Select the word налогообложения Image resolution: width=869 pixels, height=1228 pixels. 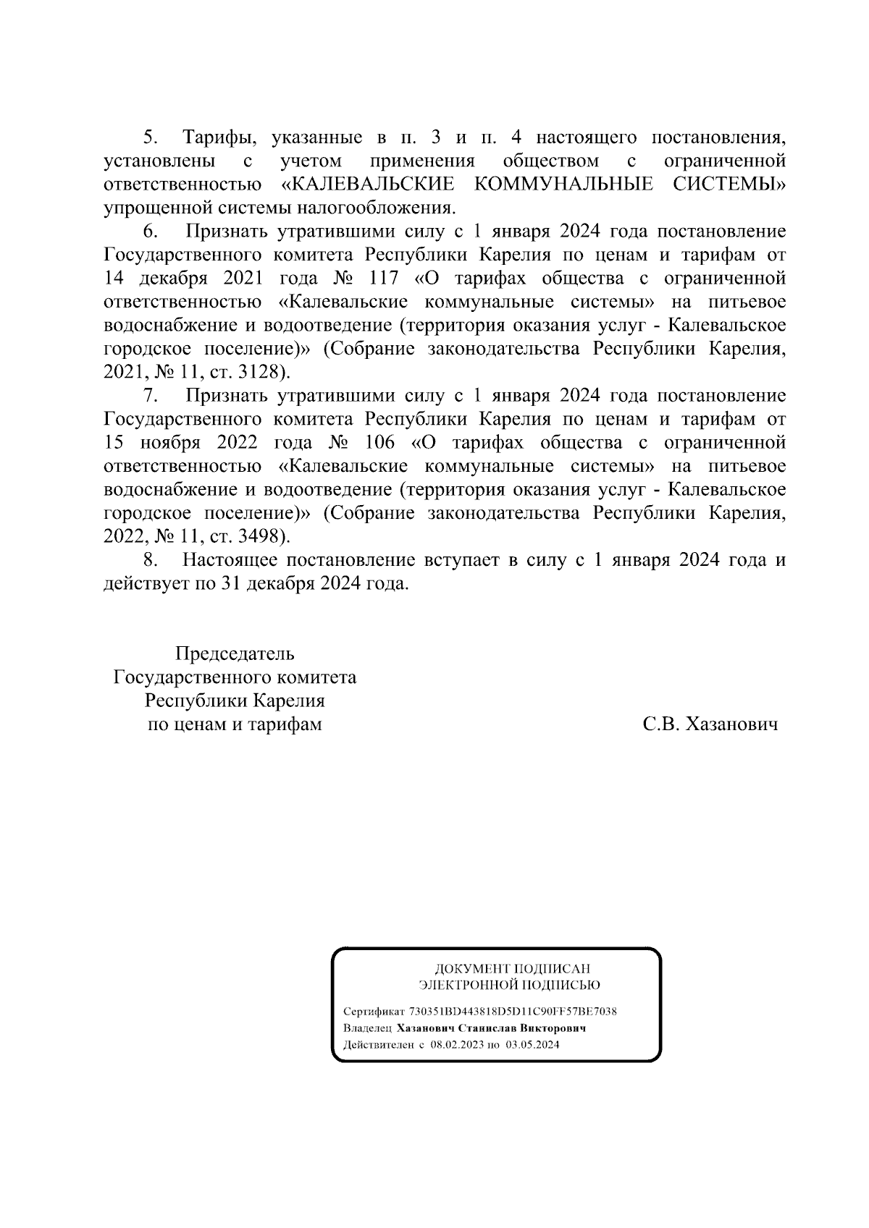pos(383,208)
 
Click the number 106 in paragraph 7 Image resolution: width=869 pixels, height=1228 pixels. pos(380,442)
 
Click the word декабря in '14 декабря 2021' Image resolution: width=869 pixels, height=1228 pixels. pos(168,278)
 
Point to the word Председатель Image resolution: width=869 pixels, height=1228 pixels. pos(235,653)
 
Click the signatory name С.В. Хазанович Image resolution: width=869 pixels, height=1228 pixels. pos(710,724)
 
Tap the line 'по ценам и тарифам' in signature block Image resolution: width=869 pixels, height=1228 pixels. pos(235,724)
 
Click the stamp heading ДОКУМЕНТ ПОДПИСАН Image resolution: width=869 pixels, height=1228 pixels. pos(512,968)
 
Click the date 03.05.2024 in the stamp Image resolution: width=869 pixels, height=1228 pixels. pos(532,1045)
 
